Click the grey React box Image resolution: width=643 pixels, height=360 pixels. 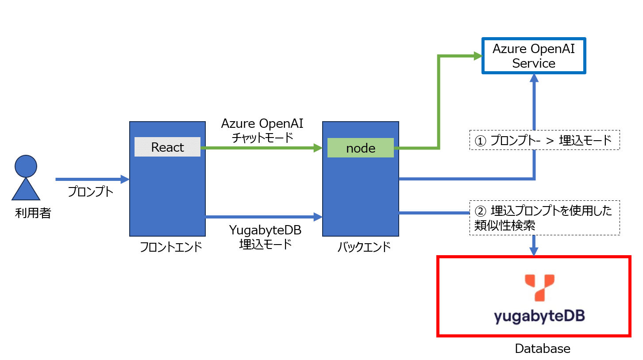pyautogui.click(x=167, y=147)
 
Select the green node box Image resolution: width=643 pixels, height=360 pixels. pyautogui.click(x=360, y=148)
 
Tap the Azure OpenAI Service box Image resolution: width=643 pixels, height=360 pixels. pyautogui.click(x=533, y=56)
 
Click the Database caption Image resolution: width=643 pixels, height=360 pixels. pyautogui.click(x=543, y=349)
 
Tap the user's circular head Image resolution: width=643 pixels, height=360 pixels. pyautogui.click(x=26, y=167)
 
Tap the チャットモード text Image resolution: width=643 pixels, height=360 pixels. pyautogui.click(x=262, y=138)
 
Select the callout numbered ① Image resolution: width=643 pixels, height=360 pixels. pyautogui.click(x=544, y=140)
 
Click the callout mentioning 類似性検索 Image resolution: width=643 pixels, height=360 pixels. pyautogui.click(x=544, y=218)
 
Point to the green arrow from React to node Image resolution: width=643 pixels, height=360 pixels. pyautogui.click(x=261, y=149)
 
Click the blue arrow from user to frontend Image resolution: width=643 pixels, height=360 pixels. pyautogui.click(x=89, y=180)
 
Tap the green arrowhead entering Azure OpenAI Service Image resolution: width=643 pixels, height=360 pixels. pyautogui.click(x=477, y=56)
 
